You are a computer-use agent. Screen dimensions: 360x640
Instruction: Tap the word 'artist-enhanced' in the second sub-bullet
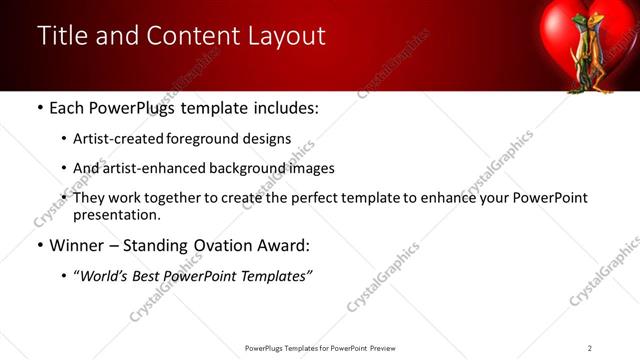(x=145, y=168)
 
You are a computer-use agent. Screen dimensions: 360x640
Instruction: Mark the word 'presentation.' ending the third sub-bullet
(x=116, y=214)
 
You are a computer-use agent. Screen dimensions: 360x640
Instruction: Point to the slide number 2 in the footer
(x=590, y=348)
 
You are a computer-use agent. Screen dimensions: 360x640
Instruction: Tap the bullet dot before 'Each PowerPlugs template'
(x=39, y=108)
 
